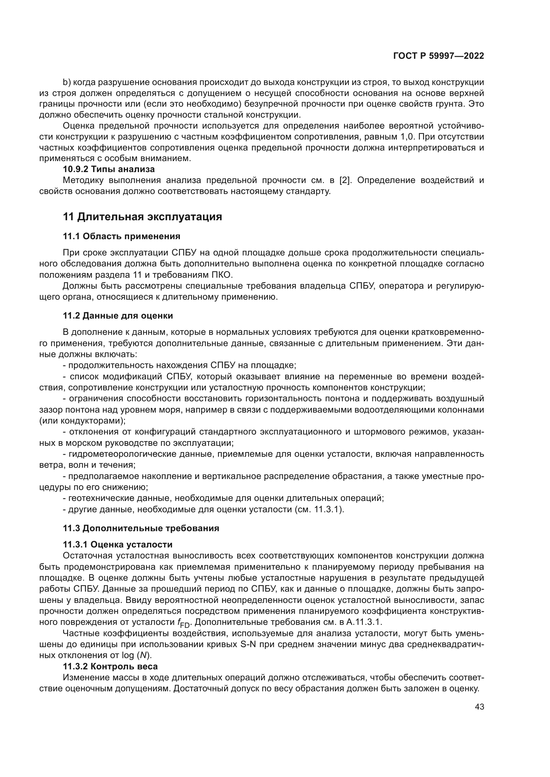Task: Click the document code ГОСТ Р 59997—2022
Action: pos(439,56)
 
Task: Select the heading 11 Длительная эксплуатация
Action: pos(143,217)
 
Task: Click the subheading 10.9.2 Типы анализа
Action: pos(109,169)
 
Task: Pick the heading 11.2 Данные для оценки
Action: pos(118,315)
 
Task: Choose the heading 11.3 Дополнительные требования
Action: pos(141,528)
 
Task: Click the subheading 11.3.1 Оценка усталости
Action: pos(117,544)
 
